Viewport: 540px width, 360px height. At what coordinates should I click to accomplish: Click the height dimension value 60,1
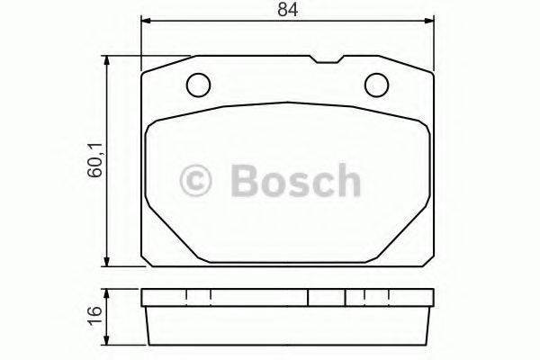pos(94,161)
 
